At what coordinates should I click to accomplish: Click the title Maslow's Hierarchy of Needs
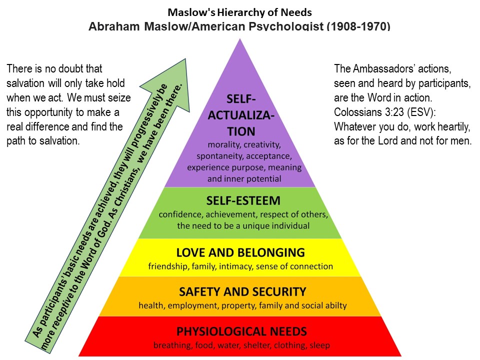[239, 11]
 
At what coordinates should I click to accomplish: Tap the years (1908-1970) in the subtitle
[358, 26]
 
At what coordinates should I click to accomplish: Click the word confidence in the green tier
[181, 215]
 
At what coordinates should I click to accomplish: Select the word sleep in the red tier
[319, 345]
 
